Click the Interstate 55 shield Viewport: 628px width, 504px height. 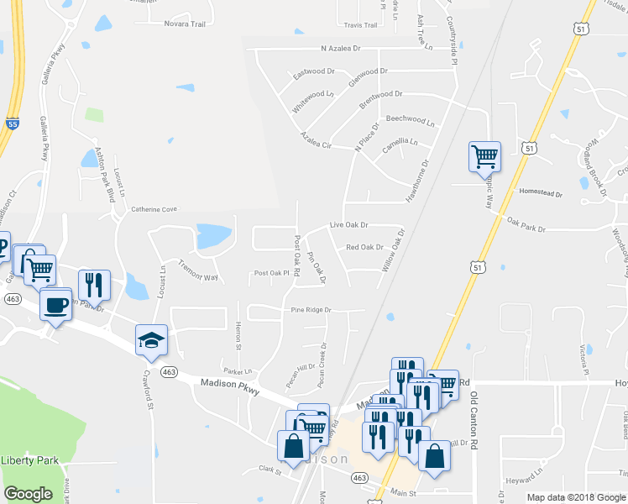click(x=11, y=122)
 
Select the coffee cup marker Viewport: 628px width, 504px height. click(x=56, y=303)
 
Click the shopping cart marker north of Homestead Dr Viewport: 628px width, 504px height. click(x=484, y=155)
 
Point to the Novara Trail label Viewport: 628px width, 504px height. click(x=186, y=24)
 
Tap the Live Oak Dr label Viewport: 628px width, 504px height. click(x=349, y=225)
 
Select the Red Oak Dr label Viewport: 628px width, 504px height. click(x=364, y=248)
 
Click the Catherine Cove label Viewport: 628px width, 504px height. click(x=154, y=209)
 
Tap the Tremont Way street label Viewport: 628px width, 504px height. click(x=198, y=271)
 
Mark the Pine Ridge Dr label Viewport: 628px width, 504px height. click(x=311, y=310)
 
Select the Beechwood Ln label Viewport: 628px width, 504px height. click(x=410, y=120)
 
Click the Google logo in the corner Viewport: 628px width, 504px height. click(x=28, y=494)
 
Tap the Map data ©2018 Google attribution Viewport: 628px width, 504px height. click(x=575, y=497)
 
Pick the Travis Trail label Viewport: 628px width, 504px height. click(x=360, y=25)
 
